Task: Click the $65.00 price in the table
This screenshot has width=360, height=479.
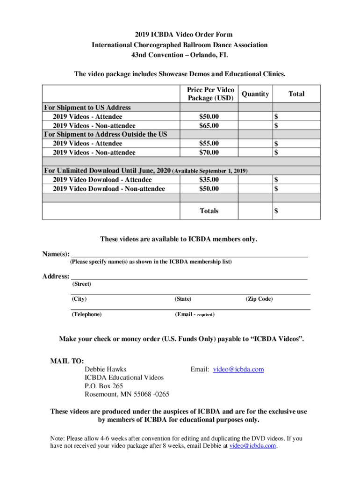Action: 209,125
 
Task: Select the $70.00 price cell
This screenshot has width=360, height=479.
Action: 209,152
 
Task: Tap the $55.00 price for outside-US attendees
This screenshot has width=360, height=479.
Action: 209,144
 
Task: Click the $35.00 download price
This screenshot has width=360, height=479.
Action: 209,180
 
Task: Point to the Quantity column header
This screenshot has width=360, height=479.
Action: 255,94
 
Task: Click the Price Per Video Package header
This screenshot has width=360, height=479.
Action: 210,94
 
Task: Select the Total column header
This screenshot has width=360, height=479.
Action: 296,94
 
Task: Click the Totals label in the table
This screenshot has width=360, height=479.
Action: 209,211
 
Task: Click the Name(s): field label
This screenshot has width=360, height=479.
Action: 56,254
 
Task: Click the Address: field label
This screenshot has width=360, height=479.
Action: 56,276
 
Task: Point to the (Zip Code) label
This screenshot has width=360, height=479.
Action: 259,299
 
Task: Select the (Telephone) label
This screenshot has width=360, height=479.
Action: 86,314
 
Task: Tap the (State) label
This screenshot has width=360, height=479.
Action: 183,299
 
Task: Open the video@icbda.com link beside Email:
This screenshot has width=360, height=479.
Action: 238,369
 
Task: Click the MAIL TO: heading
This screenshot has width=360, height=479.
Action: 67,361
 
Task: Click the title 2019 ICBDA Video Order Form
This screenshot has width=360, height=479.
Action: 180,35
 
